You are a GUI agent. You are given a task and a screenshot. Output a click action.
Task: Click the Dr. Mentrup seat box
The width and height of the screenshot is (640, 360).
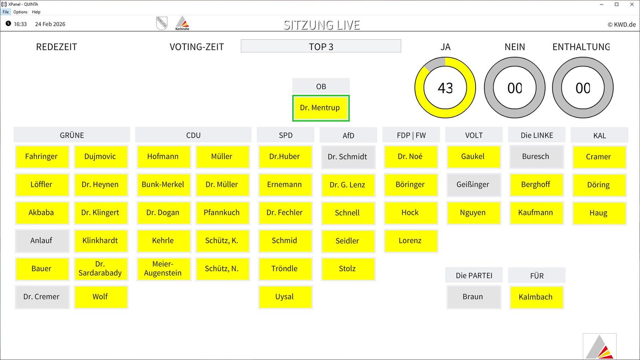point(320,108)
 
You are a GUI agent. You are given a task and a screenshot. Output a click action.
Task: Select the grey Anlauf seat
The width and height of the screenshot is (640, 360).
point(42,240)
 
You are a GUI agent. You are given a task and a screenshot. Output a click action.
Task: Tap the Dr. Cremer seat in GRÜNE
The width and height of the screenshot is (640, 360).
point(42,297)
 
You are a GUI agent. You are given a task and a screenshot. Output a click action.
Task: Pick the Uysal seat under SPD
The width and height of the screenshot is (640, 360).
point(285,297)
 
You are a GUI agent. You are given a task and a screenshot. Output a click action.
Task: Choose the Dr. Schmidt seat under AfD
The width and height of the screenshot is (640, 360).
point(348,157)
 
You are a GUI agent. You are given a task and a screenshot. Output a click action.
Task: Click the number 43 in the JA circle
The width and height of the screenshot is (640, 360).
point(445,88)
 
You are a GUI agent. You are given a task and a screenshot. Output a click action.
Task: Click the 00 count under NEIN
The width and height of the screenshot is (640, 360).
point(514,88)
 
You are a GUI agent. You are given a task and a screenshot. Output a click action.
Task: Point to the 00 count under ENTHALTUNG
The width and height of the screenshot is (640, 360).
point(583,88)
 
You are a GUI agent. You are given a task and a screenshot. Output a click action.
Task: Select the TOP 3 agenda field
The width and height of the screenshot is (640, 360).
point(321,46)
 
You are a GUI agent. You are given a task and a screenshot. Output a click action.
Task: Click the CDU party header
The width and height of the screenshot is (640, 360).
point(193,135)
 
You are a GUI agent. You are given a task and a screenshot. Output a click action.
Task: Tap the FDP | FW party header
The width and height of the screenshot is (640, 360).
point(411,135)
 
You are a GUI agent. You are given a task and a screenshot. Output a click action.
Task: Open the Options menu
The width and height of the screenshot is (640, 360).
point(20,12)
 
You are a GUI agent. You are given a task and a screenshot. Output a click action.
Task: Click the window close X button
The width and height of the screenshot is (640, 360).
point(632,4)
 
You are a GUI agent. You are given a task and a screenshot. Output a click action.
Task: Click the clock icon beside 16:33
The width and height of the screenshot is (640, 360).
point(8,24)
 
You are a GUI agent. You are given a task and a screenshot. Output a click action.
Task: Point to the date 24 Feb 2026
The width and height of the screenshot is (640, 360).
point(50,24)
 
